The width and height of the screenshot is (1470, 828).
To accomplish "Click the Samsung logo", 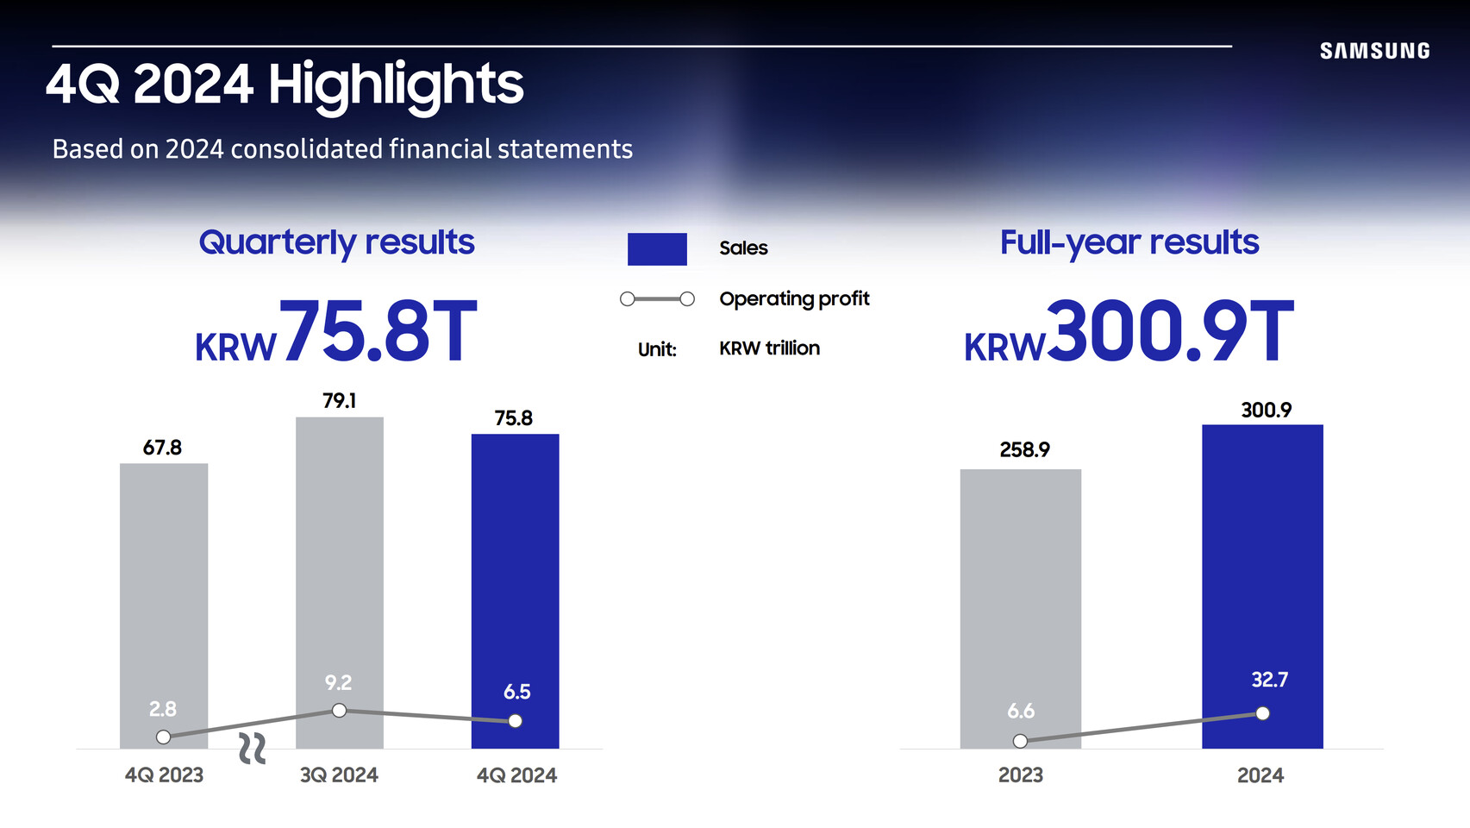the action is tap(1375, 51).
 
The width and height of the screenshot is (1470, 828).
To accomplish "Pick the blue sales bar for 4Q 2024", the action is tap(516, 591).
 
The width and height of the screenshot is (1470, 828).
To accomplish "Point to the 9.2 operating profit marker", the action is tap(340, 711).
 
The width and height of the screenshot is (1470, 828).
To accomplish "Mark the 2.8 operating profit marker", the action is tap(164, 737).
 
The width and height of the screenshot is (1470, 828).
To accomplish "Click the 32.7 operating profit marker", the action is tap(1262, 714).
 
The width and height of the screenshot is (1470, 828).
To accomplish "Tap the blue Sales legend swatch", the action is tap(657, 249).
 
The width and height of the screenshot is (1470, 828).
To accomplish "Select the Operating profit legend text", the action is tap(794, 298).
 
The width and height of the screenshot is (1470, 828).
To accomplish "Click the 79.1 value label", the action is tap(340, 400).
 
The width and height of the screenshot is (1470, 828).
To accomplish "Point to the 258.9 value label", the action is tap(1024, 449).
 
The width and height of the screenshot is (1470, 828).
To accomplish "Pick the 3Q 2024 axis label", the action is tap(340, 775).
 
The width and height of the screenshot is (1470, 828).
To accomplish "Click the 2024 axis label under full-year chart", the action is tap(1260, 775).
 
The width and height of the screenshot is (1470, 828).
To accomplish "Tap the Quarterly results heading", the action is tap(336, 243).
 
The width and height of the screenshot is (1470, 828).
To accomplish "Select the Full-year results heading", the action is tap(1129, 243).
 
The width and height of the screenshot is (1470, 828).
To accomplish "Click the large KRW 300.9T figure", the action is tap(1129, 331).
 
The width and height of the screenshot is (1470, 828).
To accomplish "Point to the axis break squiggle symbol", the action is tap(252, 749).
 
